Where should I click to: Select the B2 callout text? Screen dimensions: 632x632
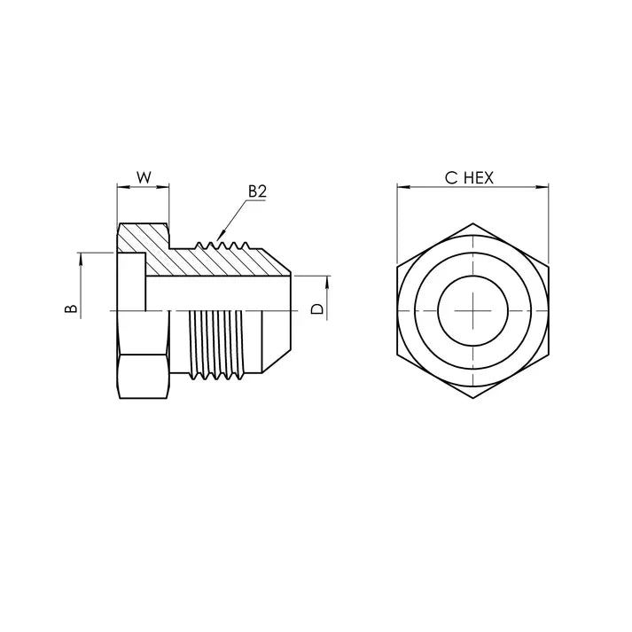click(x=257, y=191)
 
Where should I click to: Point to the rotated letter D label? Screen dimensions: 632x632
click(x=316, y=308)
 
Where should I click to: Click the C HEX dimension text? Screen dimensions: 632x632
click(x=469, y=177)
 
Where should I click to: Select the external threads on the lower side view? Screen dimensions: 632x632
click(x=217, y=346)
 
